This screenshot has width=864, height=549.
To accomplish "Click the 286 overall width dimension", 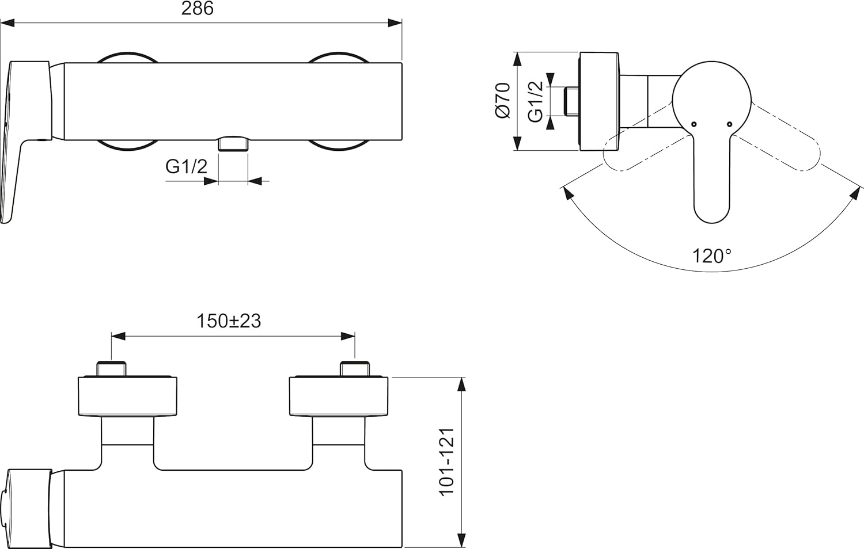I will tap(197, 9).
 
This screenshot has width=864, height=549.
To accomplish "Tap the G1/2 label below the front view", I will tap(186, 167).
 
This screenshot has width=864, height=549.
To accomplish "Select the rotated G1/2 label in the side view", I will tap(536, 101).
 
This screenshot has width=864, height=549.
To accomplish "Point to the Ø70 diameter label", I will tap(502, 100).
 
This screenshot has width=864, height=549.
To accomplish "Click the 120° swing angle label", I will tap(711, 256).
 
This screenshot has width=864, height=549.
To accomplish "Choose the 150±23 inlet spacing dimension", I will tap(229, 321).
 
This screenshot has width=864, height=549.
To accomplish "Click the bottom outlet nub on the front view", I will tap(233, 144).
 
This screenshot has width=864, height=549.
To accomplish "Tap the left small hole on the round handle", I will tap(694, 124).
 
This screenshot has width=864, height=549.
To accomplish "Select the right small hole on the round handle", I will tap(729, 124).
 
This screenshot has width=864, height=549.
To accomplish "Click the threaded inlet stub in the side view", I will tap(571, 101).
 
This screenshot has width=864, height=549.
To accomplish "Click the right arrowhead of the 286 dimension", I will tap(395, 23).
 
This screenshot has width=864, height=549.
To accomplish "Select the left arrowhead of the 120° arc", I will tap(569, 193).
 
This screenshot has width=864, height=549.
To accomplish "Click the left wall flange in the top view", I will tap(127, 395).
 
